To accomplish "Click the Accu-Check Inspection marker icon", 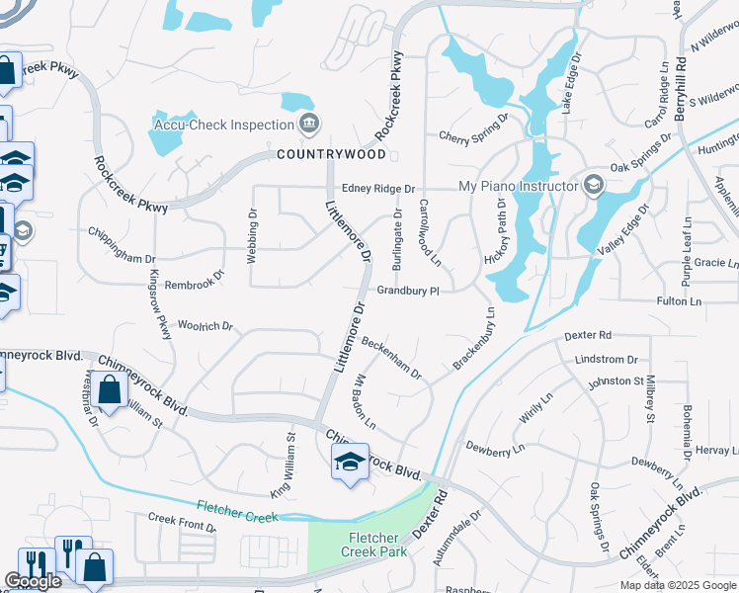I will pos(310,124).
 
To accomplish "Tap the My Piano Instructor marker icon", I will pos(594,185).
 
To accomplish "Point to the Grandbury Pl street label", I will pos(406,292).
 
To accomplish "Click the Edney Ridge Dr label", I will pos(378,188).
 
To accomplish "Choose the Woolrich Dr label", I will pos(205,325).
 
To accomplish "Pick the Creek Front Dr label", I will pos(182,521).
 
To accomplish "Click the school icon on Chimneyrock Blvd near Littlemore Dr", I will pos(349,462).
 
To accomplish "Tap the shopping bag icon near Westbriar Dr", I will pos(111,390).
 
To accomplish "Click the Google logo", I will pos(33,581).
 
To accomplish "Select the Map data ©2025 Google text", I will pos(676,585).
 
